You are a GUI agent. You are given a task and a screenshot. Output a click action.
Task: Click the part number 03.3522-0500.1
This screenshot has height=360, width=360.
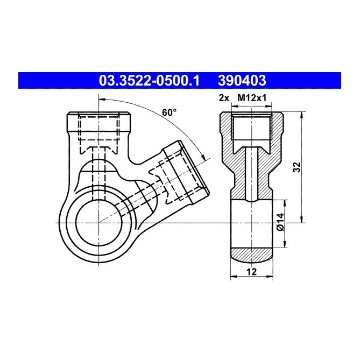point(149,81)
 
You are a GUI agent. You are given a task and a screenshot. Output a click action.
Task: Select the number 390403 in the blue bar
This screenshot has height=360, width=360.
point(242,81)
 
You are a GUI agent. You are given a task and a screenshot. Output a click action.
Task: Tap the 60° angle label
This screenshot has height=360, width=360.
point(169,112)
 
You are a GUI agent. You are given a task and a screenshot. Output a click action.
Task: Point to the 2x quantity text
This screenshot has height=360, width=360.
point(225,97)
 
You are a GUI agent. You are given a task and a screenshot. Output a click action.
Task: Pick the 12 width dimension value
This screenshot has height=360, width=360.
point(250,272)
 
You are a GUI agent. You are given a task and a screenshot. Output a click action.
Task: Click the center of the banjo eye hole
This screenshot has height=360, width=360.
point(98,222)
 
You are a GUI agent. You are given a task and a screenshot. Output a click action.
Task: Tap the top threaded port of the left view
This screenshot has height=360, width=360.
point(98,126)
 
